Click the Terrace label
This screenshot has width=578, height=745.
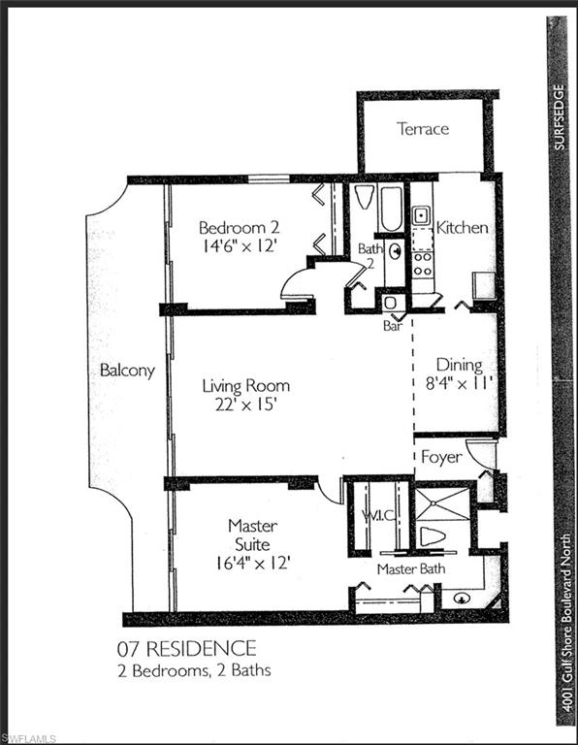coord(423,128)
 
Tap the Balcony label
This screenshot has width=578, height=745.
coord(127,371)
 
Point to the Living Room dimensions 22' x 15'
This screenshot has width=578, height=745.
coord(245,405)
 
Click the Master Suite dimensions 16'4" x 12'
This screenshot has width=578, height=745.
coord(252,561)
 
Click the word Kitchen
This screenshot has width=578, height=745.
coord(462,228)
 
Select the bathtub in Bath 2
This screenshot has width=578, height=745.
coord(392,208)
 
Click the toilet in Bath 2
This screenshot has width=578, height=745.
coord(365,198)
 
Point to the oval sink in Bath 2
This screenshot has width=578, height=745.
coord(395,255)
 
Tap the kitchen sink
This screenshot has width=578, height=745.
coord(422,215)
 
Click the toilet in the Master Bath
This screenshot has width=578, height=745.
coord(433,536)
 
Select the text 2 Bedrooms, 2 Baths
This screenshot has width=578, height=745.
coord(208,670)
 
